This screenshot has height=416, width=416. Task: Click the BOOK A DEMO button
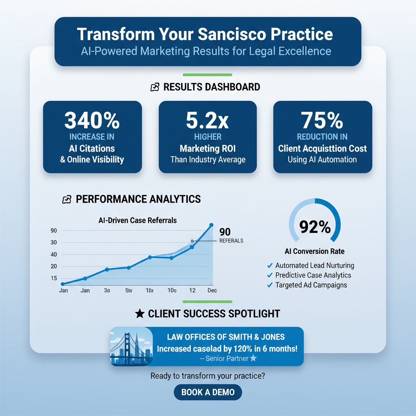click(208, 392)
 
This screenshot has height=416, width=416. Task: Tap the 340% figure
click(92, 120)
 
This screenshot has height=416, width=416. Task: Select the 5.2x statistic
click(208, 120)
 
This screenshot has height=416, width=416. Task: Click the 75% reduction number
click(323, 120)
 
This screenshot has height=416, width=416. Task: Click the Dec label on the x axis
click(212, 290)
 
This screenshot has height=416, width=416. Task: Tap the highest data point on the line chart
click(211, 225)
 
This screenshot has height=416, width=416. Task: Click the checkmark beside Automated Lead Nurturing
click(269, 265)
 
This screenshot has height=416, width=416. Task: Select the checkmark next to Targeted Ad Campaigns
click(269, 285)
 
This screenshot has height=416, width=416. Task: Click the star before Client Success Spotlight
click(139, 314)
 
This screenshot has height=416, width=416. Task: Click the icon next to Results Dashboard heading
click(154, 87)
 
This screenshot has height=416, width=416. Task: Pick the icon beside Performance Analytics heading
click(66, 199)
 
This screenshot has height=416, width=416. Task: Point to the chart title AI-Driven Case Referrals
click(138, 221)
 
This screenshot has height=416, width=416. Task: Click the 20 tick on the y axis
click(54, 266)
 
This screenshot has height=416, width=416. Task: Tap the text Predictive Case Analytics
click(313, 275)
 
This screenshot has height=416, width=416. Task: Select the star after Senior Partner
click(253, 358)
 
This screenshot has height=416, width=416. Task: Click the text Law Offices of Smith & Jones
click(226, 337)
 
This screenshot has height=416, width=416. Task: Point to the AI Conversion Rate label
click(314, 251)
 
